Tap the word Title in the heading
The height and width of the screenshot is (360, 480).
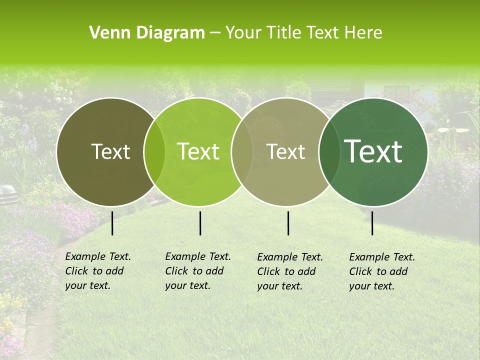(x=284, y=33)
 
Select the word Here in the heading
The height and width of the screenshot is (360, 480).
(x=364, y=33)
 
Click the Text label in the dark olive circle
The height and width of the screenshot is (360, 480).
(x=110, y=151)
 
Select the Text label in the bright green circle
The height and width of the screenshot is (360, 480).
(x=198, y=151)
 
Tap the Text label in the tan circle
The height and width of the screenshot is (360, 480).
(x=286, y=151)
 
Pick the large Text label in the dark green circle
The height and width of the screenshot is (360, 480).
(x=373, y=151)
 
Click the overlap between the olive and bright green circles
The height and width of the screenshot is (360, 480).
(x=154, y=151)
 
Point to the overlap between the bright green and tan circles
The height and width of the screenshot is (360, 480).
(x=242, y=151)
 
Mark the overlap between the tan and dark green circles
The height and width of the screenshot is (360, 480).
(x=329, y=151)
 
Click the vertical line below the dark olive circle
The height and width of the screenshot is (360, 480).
(x=112, y=223)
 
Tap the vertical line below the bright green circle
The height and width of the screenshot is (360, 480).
(x=200, y=223)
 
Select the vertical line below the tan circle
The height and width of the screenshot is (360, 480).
(x=288, y=223)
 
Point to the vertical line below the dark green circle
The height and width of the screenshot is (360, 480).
(x=372, y=223)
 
